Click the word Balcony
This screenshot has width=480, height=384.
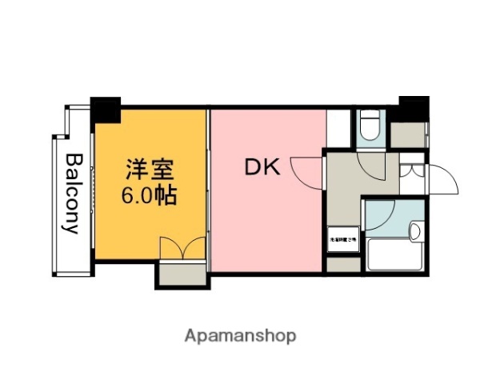[x=72, y=193]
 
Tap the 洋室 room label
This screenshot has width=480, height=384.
[x=150, y=170]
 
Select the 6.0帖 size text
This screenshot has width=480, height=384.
[x=150, y=194]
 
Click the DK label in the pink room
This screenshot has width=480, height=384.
[x=261, y=167]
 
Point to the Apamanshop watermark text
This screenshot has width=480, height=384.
[x=240, y=335]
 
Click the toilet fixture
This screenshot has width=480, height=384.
[x=369, y=127]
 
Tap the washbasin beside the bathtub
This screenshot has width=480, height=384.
[x=414, y=232]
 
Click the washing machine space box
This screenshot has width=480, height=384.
[x=342, y=238]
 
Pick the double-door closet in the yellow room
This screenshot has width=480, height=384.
[x=182, y=249]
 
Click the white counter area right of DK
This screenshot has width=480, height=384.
[x=338, y=127]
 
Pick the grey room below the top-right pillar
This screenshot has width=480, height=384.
[x=407, y=134]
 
